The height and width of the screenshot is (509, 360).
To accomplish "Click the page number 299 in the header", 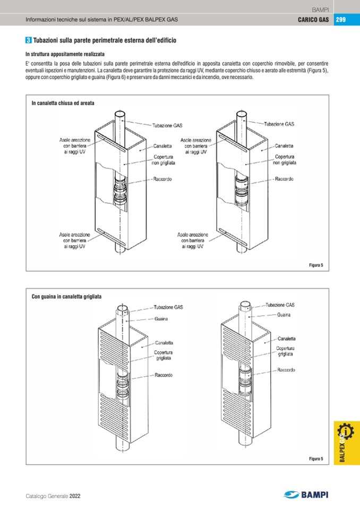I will pyautogui.click(x=341, y=20).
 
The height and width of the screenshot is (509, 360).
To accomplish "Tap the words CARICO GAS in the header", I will pyautogui.click(x=313, y=20).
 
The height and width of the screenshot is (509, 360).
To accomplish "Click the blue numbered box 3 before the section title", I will pyautogui.click(x=28, y=40).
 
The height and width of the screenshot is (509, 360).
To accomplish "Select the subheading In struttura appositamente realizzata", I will pyautogui.click(x=65, y=54).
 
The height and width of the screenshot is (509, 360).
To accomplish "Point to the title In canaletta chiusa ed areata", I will pyautogui.click(x=63, y=103).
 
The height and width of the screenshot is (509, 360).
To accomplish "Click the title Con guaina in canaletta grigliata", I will pyautogui.click(x=66, y=297).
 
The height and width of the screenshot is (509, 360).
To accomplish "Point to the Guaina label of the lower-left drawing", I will pyautogui.click(x=161, y=319).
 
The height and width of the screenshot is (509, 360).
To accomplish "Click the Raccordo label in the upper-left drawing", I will pyautogui.click(x=162, y=179).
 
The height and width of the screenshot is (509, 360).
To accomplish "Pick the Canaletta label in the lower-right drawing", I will pyautogui.click(x=286, y=338).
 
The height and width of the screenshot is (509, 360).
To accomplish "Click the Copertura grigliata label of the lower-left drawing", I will pyautogui.click(x=163, y=355).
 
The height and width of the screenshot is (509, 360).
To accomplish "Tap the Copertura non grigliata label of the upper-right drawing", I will pyautogui.click(x=285, y=160).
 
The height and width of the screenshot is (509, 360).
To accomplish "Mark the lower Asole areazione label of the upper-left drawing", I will pyautogui.click(x=74, y=240).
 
